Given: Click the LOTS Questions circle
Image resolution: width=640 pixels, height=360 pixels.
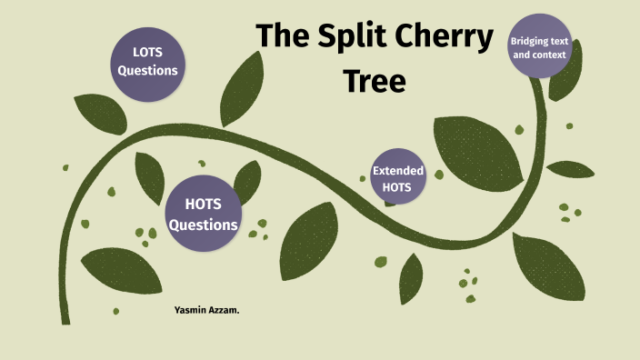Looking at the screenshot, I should point(146,61).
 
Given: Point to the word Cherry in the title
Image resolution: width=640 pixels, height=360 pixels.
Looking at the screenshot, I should point(429,37).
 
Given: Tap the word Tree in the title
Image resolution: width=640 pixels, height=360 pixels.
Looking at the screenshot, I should point(375,80).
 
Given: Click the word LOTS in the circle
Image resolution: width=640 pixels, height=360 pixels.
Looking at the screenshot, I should point(146,52).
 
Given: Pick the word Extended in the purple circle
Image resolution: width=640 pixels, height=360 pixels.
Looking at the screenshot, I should point(398,169).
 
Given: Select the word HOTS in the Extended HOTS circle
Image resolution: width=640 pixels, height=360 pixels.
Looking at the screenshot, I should point(398,187).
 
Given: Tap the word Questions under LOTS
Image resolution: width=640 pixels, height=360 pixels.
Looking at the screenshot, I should point(146,70).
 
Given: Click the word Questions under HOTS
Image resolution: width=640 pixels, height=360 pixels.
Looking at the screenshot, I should point(204,225).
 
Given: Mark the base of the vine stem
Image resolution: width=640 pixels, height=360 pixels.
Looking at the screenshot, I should point(65,318).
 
